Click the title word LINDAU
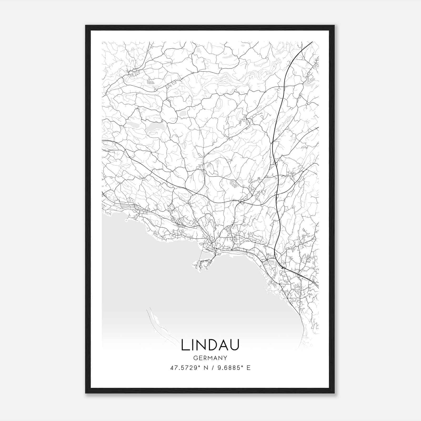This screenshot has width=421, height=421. pyautogui.click(x=210, y=345)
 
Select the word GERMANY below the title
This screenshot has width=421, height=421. pyautogui.click(x=210, y=358)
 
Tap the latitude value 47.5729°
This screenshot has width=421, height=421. pyautogui.click(x=184, y=368)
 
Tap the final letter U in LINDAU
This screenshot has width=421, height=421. pyautogui.click(x=235, y=345)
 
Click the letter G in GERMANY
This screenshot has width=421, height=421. pyautogui.click(x=195, y=358)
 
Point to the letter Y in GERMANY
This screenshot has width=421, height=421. pyautogui.click(x=225, y=358)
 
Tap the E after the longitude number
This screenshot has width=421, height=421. pyautogui.click(x=248, y=368)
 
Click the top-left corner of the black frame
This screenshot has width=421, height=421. pyautogui.click(x=86, y=26)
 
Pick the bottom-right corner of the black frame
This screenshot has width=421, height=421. pyautogui.click(x=334, y=393)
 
